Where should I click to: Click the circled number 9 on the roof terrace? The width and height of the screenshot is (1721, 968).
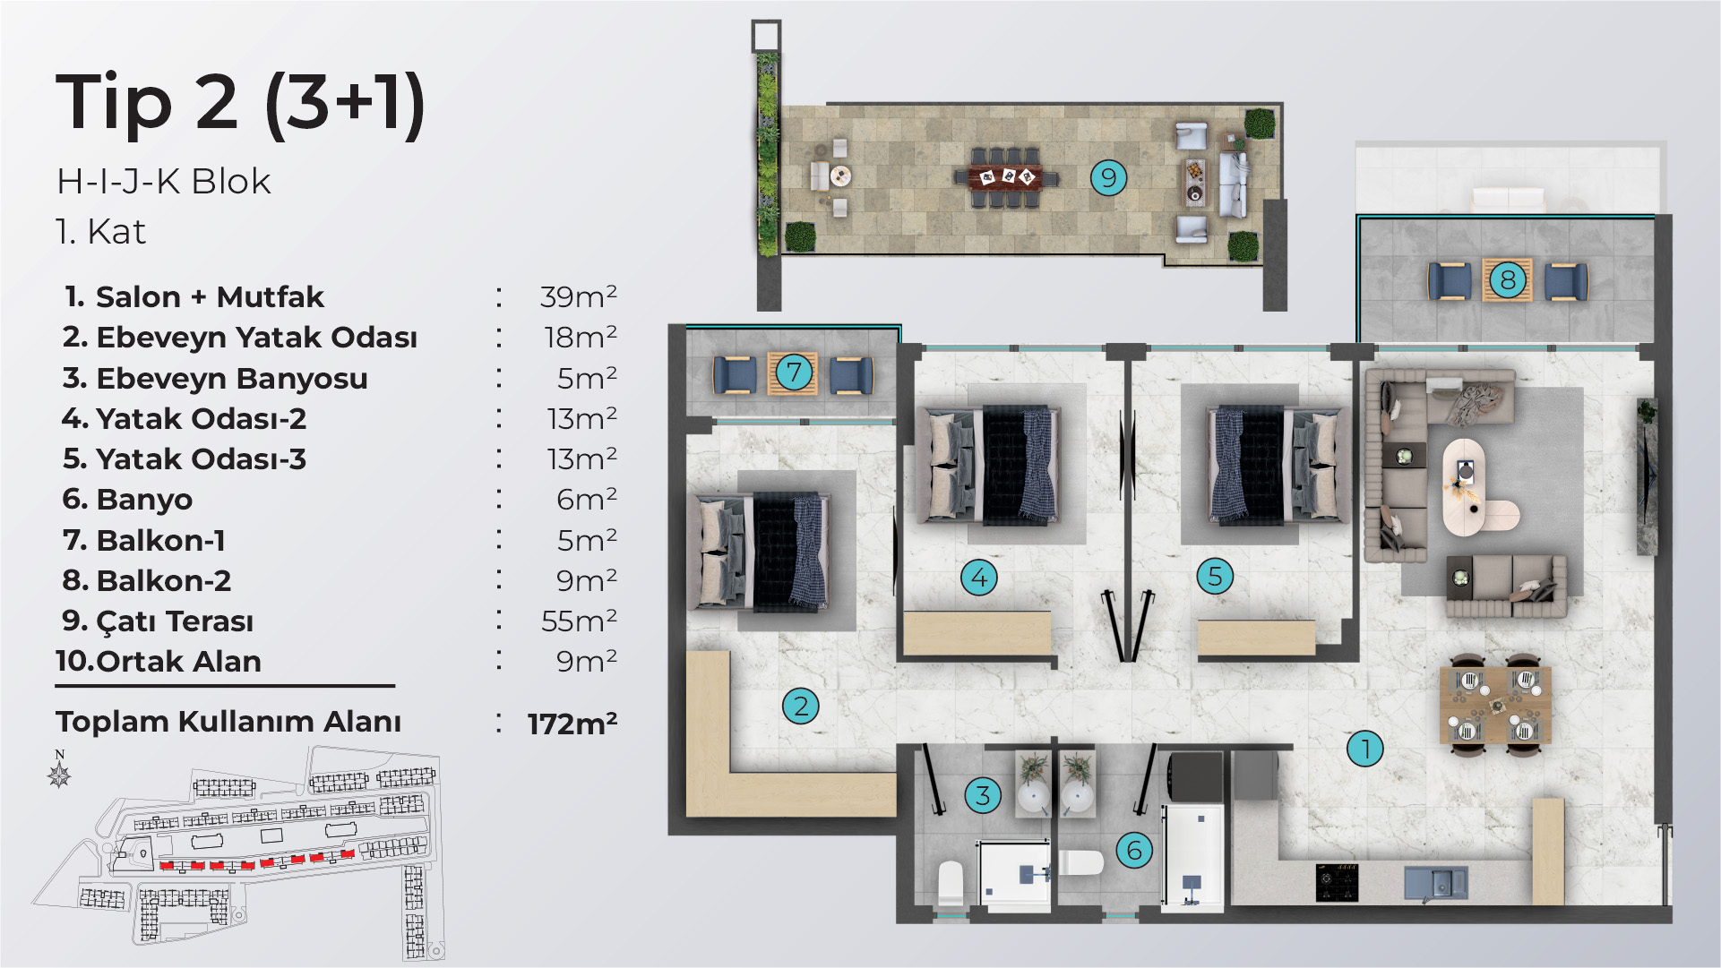pyautogui.click(x=1108, y=177)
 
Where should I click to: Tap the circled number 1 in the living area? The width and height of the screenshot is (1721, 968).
pyautogui.click(x=1365, y=749)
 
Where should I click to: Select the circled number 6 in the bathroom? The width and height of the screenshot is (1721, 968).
pyautogui.click(x=1134, y=850)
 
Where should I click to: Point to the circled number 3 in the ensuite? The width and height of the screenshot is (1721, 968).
pyautogui.click(x=983, y=795)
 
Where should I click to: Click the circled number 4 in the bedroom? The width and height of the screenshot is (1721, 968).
pyautogui.click(x=979, y=578)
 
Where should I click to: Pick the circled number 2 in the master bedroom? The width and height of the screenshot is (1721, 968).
pyautogui.click(x=801, y=707)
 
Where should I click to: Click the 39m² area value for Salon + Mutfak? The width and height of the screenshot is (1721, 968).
pyautogui.click(x=578, y=296)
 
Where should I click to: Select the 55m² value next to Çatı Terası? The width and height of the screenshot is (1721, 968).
pyautogui.click(x=579, y=621)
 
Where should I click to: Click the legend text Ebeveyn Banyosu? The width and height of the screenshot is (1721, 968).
pyautogui.click(x=232, y=379)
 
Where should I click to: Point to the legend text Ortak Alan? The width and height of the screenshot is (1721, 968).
pyautogui.click(x=179, y=662)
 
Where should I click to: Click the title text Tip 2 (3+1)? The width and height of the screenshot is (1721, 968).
pyautogui.click(x=240, y=104)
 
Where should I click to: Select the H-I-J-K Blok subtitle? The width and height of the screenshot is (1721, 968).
pyautogui.click(x=163, y=182)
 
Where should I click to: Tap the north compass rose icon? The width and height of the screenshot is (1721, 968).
pyautogui.click(x=60, y=769)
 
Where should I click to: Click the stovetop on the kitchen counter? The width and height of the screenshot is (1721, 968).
pyautogui.click(x=1337, y=882)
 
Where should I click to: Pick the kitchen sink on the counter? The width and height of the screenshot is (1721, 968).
pyautogui.click(x=1436, y=883)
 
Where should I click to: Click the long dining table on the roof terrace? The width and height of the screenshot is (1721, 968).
pyautogui.click(x=1007, y=176)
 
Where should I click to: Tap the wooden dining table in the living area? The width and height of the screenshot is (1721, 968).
pyautogui.click(x=1495, y=706)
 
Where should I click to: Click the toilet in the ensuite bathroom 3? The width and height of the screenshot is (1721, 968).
pyautogui.click(x=950, y=884)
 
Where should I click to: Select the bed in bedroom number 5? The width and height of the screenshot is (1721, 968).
pyautogui.click(x=1278, y=465)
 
